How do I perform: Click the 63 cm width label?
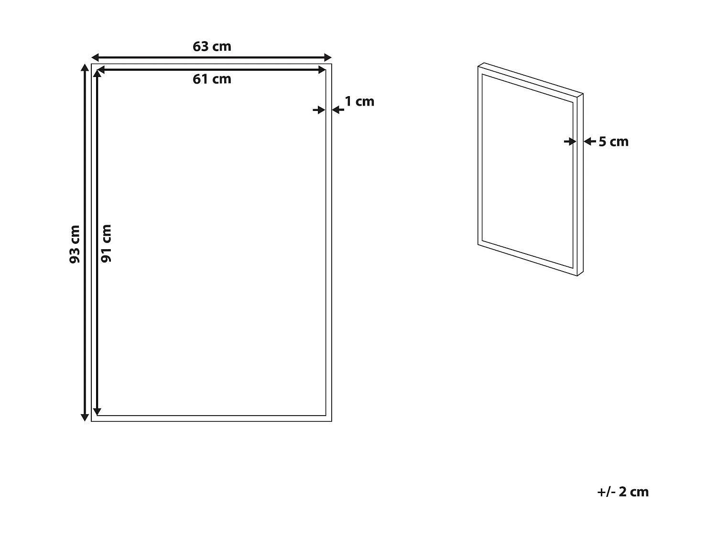pos(212,46)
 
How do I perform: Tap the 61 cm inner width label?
pos(212,79)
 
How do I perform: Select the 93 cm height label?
pos(75,244)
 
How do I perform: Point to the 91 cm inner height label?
pos(107,243)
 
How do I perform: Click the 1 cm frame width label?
pos(359,101)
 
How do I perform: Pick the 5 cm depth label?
pos(613,142)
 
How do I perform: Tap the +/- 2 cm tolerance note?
pos(623,492)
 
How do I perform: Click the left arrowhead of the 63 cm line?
pos(95,57)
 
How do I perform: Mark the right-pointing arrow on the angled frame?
pos(570,142)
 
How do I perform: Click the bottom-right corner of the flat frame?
pos(331,421)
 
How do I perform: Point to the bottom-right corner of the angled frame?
pos(583,276)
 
